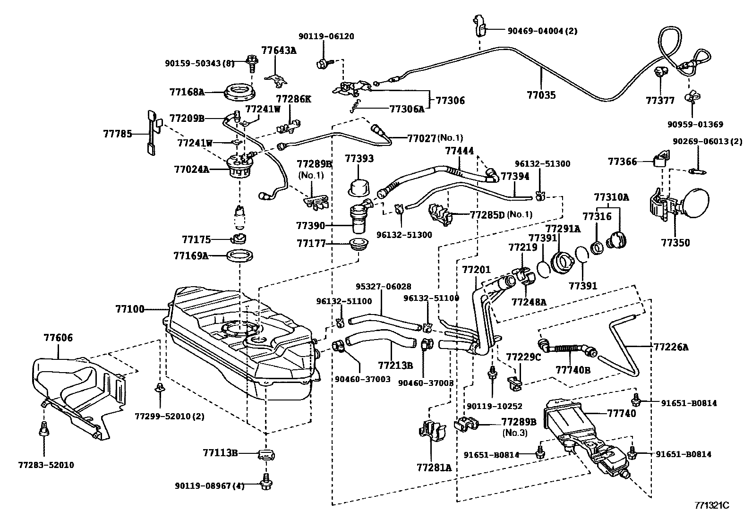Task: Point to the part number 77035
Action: (x=541, y=95)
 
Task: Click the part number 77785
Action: (x=118, y=134)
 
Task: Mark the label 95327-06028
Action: (x=383, y=287)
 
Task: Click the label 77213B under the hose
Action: (x=395, y=365)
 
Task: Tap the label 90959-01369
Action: (x=695, y=125)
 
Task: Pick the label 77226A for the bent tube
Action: (x=671, y=347)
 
